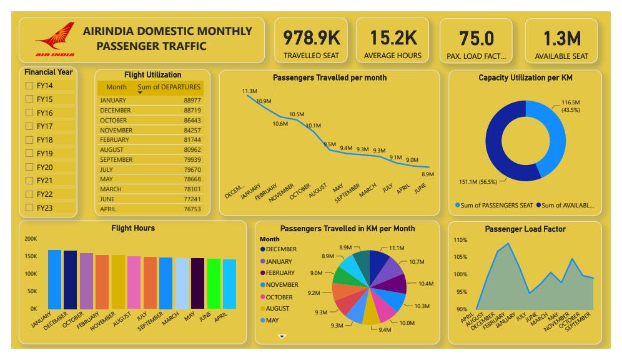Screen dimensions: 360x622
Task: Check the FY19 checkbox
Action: click(29, 153)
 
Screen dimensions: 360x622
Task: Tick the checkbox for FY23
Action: click(29, 207)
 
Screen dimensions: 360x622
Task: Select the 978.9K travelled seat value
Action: click(311, 38)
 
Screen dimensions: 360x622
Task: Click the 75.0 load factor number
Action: click(476, 38)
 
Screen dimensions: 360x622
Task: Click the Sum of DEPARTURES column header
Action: click(169, 87)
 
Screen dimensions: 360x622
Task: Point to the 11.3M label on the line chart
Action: click(250, 91)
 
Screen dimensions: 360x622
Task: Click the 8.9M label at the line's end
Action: click(428, 174)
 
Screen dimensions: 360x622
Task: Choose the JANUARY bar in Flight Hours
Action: click(55, 279)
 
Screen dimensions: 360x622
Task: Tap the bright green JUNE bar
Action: click(214, 283)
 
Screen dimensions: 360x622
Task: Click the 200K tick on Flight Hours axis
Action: click(31, 239)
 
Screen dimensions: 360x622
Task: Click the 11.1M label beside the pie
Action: click(398, 248)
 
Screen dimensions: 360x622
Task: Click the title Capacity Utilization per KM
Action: click(525, 77)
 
